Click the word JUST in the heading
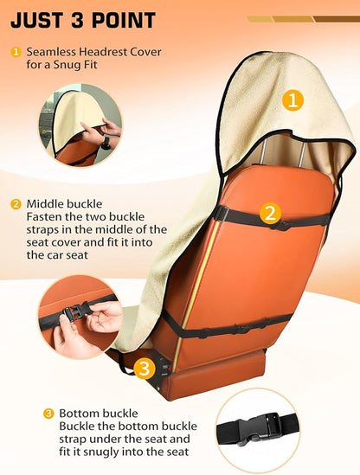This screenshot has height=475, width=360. coord(37,20)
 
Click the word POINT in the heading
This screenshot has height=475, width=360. coord(124,20)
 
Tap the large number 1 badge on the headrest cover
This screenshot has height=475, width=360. coord(292,100)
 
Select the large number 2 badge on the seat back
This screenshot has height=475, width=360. coord(270,213)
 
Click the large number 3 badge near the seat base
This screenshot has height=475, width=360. coord(145,369)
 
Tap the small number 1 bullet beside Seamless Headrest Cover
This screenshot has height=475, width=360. coord(16,52)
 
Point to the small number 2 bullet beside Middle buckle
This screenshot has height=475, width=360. coord(16,204)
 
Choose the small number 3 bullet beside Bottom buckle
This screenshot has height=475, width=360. coord(48,414)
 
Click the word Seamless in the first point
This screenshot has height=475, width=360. coord(51,52)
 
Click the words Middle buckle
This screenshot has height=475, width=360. coord(64,204)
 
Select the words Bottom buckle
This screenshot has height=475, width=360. coord(99,414)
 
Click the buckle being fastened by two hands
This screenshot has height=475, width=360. coord(76,312)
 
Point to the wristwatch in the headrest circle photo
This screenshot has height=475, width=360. coord(106,144)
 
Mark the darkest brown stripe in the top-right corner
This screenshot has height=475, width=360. coord(337,19)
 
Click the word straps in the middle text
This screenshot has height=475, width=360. coord(43,230)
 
